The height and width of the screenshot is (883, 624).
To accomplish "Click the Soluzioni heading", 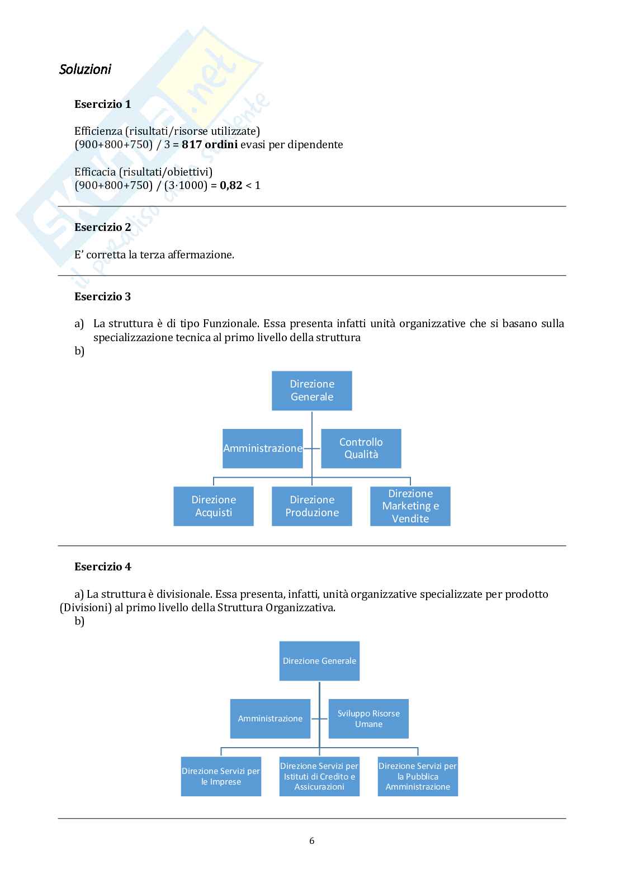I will pyautogui.click(x=85, y=69).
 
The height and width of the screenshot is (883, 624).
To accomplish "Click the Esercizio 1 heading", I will pyautogui.click(x=102, y=104).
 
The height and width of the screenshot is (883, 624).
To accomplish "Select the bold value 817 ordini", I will pyautogui.click(x=210, y=145).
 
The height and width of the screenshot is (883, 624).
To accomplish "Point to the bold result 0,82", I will pyautogui.click(x=231, y=185).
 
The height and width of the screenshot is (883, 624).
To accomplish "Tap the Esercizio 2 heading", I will pyautogui.click(x=102, y=227).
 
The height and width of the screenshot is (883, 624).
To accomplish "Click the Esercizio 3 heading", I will pyautogui.click(x=102, y=297).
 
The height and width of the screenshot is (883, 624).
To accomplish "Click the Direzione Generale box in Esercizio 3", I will pyautogui.click(x=312, y=390).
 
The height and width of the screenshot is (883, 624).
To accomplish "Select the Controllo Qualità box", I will pyautogui.click(x=361, y=448).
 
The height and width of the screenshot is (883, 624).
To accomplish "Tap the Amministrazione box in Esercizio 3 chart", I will pyautogui.click(x=262, y=448).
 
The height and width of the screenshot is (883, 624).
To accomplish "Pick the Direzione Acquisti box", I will pyautogui.click(x=214, y=506).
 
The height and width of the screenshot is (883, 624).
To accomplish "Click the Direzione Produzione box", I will pyautogui.click(x=312, y=506).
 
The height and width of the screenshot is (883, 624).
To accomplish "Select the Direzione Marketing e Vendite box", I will pyautogui.click(x=410, y=506).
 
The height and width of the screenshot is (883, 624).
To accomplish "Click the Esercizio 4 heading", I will pyautogui.click(x=102, y=567).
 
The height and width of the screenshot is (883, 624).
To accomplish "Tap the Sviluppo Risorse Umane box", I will pyautogui.click(x=368, y=719).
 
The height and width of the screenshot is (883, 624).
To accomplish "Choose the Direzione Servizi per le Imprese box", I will pyautogui.click(x=221, y=776).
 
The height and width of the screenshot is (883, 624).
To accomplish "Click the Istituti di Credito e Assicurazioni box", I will pyautogui.click(x=319, y=776).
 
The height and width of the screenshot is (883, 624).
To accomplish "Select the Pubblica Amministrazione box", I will pyautogui.click(x=418, y=776).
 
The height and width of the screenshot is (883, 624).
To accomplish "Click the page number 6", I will pyautogui.click(x=312, y=840).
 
